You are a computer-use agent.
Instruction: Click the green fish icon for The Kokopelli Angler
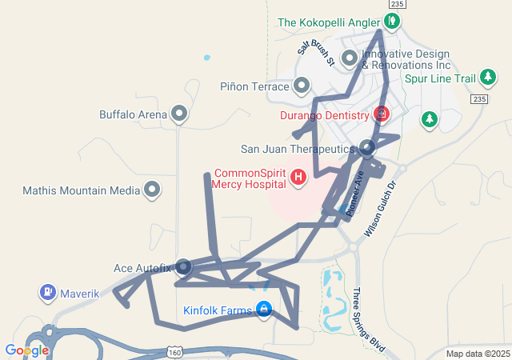[394, 22]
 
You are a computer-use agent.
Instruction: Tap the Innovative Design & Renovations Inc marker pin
[350, 58]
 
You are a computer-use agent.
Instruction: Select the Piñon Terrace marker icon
[302, 85]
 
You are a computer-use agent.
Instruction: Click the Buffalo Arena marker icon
[179, 114]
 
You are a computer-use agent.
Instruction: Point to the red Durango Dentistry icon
[381, 114]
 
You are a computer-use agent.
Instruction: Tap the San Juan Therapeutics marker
[366, 148]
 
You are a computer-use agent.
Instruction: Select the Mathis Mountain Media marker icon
[152, 190]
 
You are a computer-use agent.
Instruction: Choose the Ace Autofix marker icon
[183, 266]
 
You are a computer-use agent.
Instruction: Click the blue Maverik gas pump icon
[47, 293]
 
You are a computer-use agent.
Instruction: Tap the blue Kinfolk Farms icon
[263, 310]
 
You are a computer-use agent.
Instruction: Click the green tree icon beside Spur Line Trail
[488, 78]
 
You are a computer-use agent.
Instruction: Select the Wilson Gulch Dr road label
[382, 211]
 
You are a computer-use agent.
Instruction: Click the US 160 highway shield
[175, 352]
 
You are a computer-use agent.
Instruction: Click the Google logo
[26, 350]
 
